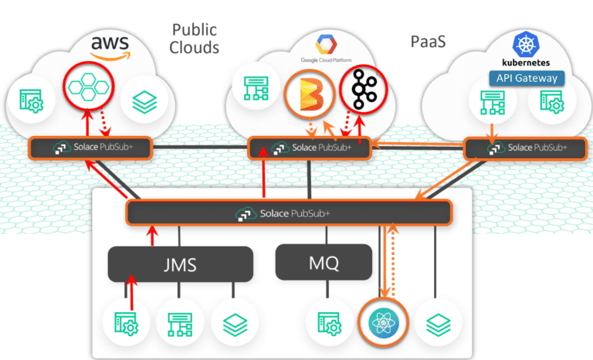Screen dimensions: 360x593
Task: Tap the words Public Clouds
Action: [195, 39]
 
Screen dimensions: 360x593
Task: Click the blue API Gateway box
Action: [527, 78]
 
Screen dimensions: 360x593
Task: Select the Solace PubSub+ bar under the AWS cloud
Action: [89, 148]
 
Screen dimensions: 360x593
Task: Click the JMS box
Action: [181, 265]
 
